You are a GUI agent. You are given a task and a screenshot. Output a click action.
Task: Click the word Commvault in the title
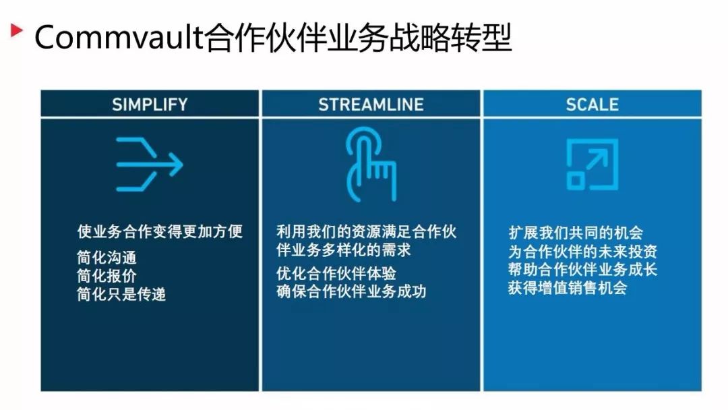119,38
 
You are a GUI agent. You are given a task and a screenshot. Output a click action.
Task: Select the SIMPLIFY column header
150,105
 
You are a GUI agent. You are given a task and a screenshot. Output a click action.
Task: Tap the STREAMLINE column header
371,105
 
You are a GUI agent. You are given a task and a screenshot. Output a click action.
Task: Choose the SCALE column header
592,105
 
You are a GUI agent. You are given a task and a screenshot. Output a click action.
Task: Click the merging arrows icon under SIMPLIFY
149,163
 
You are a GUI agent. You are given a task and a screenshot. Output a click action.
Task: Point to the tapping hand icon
370,164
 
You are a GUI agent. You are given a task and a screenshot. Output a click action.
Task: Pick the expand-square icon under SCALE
591,164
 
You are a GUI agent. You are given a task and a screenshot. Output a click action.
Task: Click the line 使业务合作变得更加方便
159,231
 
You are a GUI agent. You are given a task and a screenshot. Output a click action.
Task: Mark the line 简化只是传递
121,295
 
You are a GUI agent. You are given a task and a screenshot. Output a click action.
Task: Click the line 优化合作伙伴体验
336,274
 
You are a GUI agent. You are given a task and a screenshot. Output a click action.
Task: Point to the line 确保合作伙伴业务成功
351,292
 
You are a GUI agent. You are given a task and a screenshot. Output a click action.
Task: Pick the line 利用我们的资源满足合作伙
366,231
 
